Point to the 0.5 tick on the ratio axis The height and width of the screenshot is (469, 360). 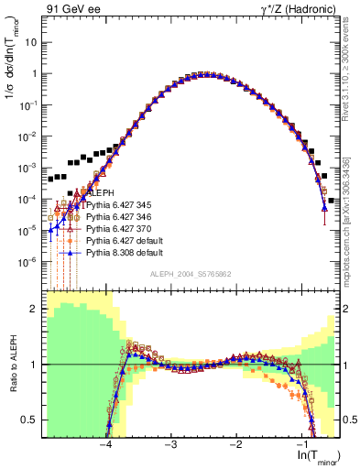click(33, 420)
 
